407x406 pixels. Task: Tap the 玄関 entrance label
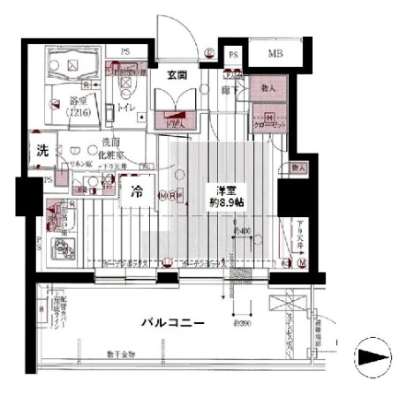pos(173,76)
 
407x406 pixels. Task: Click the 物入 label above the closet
pos(268,88)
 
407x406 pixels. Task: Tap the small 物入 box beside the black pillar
pos(298,168)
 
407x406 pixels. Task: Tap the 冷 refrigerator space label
pos(137,190)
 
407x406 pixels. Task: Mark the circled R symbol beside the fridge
pos(169,195)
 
